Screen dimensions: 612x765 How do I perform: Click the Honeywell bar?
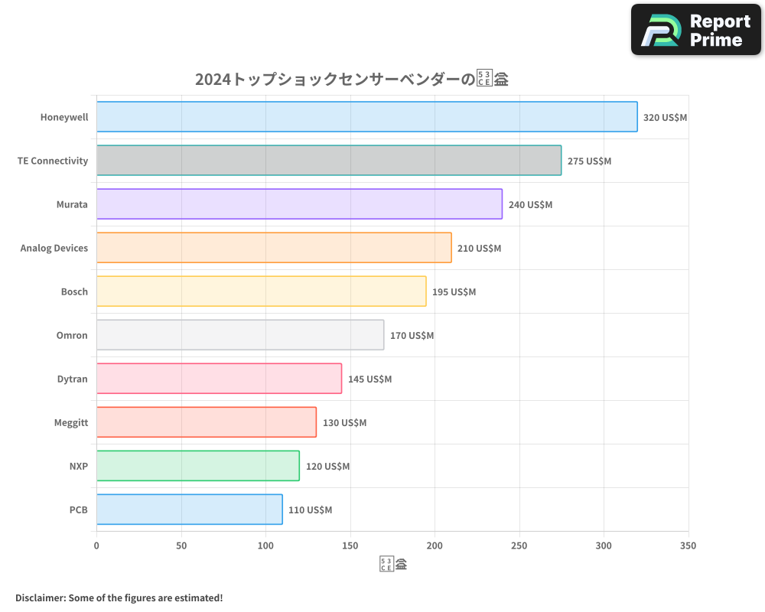pyautogui.click(x=366, y=117)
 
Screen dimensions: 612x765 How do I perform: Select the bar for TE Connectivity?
pyautogui.click(x=329, y=161)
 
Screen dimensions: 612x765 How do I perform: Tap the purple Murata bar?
pyautogui.click(x=299, y=204)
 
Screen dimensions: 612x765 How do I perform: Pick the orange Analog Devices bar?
pyautogui.click(x=274, y=248)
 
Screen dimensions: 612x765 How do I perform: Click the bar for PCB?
pyautogui.click(x=189, y=509)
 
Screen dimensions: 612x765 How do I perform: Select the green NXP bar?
pyautogui.click(x=197, y=466)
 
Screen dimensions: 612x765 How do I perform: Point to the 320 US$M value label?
pyautogui.click(x=665, y=118)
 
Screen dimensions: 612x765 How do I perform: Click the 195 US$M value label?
pyautogui.click(x=454, y=292)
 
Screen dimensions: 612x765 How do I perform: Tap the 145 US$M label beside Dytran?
pyautogui.click(x=369, y=379)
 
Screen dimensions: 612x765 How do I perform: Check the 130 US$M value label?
pyautogui.click(x=344, y=423)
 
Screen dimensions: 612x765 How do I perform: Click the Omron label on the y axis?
pyautogui.click(x=72, y=336)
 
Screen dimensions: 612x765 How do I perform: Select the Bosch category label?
pyautogui.click(x=74, y=292)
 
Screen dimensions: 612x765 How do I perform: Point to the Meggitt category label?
pyautogui.click(x=71, y=423)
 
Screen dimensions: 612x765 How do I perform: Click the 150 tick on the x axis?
pyautogui.click(x=350, y=545)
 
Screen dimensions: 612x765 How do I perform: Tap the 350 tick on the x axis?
pyautogui.click(x=688, y=545)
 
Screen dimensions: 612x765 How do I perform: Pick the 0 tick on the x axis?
pyautogui.click(x=96, y=545)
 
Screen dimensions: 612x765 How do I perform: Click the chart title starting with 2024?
pyautogui.click(x=352, y=80)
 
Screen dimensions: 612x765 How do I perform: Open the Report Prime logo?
pyautogui.click(x=696, y=30)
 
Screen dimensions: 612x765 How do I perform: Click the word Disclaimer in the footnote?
pyautogui.click(x=40, y=597)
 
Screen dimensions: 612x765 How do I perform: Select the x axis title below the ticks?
pyautogui.click(x=392, y=565)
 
